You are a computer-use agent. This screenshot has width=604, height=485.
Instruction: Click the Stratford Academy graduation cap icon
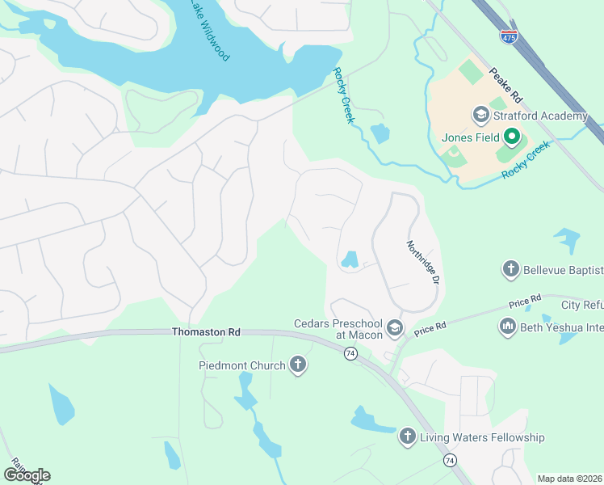480,116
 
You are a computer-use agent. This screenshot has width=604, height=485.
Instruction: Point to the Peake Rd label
506,83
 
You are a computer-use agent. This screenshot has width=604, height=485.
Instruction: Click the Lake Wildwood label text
209,30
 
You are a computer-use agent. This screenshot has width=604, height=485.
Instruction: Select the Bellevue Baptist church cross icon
510,269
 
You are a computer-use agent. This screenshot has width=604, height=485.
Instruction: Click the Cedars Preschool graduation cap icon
395,327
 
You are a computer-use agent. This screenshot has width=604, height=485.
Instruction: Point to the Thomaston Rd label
206,332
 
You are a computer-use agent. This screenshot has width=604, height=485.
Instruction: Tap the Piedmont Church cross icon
298,365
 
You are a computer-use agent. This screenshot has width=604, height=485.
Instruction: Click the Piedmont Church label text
242,365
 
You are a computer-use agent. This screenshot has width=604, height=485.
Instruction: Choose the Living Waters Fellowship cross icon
408,437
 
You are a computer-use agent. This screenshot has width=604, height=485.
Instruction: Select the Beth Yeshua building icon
508,327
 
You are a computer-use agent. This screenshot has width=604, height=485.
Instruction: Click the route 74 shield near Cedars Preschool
350,353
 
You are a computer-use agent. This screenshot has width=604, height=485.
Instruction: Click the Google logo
27,475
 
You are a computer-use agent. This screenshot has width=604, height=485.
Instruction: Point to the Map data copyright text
569,479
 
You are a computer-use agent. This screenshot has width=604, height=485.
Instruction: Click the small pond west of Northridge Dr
350,259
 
